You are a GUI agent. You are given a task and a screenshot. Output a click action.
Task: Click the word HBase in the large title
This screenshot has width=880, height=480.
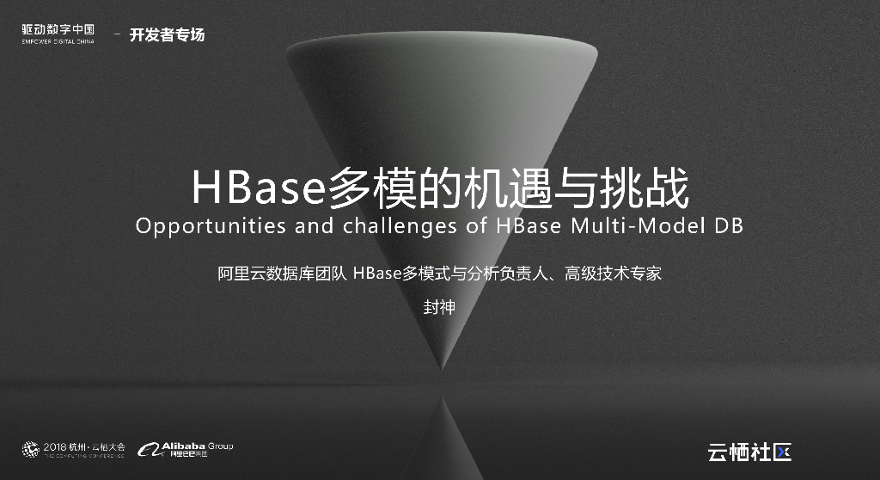tap(257, 189)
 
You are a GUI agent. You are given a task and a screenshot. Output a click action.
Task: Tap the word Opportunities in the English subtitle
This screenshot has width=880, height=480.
tap(203, 227)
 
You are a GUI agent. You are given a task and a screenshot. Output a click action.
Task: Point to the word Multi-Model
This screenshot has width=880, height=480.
tap(624, 227)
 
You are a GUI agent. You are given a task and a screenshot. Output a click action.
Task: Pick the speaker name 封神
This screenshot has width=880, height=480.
tap(439, 307)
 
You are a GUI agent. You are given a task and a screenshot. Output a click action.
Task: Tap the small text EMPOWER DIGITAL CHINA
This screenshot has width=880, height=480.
tap(58, 41)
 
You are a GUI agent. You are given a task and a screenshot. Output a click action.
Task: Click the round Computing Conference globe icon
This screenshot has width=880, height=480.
tap(30, 449)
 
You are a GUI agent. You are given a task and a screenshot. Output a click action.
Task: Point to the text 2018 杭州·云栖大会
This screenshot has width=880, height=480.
tap(84, 446)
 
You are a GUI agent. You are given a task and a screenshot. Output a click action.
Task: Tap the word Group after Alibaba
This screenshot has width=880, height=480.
tap(220, 446)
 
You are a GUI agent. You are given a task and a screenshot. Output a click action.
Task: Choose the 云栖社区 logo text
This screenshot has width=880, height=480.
tap(748, 452)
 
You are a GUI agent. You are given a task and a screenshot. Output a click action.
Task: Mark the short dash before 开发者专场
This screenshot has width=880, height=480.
tap(117, 35)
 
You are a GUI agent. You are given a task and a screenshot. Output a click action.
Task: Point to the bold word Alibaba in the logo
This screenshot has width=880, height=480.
tap(183, 446)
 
